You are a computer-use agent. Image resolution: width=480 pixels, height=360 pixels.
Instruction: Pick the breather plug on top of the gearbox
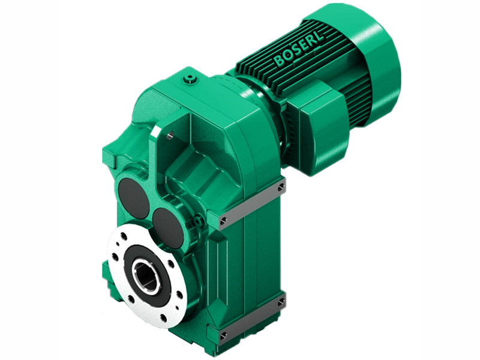click(x=191, y=78)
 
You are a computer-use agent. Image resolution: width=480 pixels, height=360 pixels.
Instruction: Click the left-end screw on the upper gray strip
click(x=224, y=221)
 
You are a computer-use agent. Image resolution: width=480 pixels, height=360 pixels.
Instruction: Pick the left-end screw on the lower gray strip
click(x=224, y=335)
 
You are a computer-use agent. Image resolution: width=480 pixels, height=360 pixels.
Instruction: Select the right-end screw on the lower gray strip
click(x=280, y=302)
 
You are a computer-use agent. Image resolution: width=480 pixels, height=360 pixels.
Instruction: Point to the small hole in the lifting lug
click(x=170, y=137)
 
